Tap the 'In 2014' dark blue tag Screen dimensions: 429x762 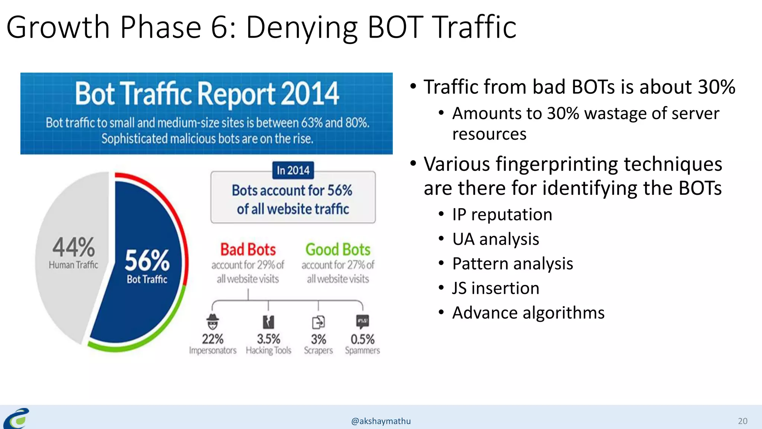[293, 171]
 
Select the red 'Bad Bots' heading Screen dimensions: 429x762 [248, 250]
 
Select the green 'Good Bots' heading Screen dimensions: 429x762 [338, 250]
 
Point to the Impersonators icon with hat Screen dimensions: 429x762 [212, 322]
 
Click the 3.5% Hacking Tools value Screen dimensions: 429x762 [268, 339]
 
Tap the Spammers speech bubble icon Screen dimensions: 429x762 [362, 321]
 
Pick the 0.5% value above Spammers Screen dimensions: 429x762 [362, 339]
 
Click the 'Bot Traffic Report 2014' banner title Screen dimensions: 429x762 [207, 93]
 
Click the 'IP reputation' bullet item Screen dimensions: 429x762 [502, 215]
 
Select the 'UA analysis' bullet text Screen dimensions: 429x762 [495, 239]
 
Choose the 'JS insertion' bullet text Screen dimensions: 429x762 [495, 288]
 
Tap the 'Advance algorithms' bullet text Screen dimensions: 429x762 [528, 313]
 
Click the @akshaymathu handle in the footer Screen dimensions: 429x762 [381, 421]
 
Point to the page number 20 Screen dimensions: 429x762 [742, 421]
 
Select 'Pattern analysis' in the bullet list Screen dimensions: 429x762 [512, 264]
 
